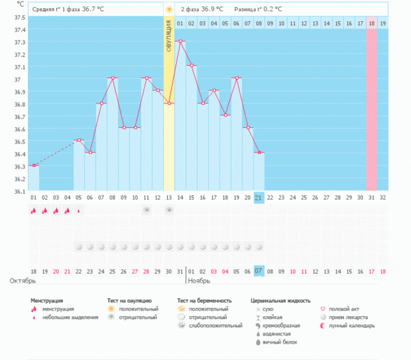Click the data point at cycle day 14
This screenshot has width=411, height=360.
180,41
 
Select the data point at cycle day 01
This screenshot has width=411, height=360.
34,166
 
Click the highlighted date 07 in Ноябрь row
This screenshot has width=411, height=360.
259,270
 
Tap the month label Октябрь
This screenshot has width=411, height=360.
22,281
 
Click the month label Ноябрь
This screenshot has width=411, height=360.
200,281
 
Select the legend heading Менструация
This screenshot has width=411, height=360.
47,300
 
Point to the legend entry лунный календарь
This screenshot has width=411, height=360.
352,325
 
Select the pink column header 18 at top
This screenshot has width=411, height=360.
371,23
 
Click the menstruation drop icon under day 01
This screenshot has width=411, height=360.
34,211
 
